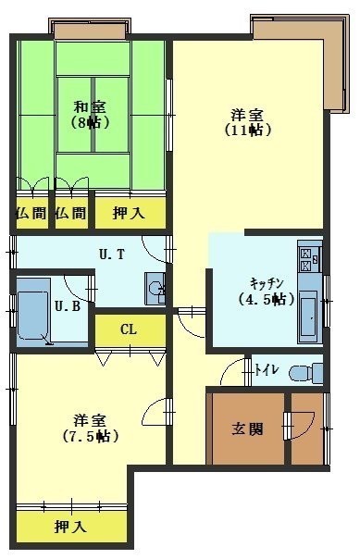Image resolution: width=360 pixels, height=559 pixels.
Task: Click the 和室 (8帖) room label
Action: click(x=90, y=115)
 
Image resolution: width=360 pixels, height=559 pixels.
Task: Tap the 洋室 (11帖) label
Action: click(x=248, y=123)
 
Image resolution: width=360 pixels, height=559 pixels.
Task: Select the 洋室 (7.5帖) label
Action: click(x=91, y=429)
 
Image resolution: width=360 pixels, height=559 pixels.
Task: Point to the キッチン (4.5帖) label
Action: click(x=267, y=292)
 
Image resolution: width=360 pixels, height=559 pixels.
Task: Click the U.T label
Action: click(x=112, y=255)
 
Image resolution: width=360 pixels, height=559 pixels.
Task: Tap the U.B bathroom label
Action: click(x=67, y=306)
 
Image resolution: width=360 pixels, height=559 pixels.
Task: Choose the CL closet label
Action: click(x=129, y=329)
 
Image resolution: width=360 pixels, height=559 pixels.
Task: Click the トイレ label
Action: click(x=267, y=370)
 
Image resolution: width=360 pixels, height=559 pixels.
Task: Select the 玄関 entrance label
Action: click(x=247, y=429)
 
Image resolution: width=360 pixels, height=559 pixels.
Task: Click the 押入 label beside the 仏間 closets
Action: click(x=129, y=213)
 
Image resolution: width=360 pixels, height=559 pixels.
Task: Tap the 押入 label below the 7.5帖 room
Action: click(x=70, y=527)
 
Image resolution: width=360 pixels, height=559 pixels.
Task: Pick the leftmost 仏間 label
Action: click(x=31, y=213)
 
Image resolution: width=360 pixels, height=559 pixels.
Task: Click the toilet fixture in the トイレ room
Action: click(x=305, y=373)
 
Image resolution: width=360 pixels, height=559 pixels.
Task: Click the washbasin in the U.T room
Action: click(x=155, y=289)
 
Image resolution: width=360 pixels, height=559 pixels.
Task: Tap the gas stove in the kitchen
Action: click(x=309, y=255)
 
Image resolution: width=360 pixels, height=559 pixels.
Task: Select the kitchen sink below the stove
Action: click(x=308, y=317)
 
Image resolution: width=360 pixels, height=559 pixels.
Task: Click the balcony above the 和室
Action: click(x=90, y=29)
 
